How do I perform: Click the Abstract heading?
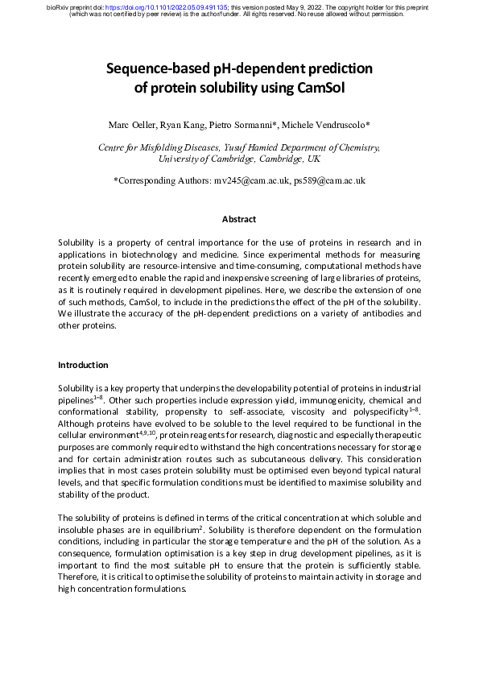point(239,219)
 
